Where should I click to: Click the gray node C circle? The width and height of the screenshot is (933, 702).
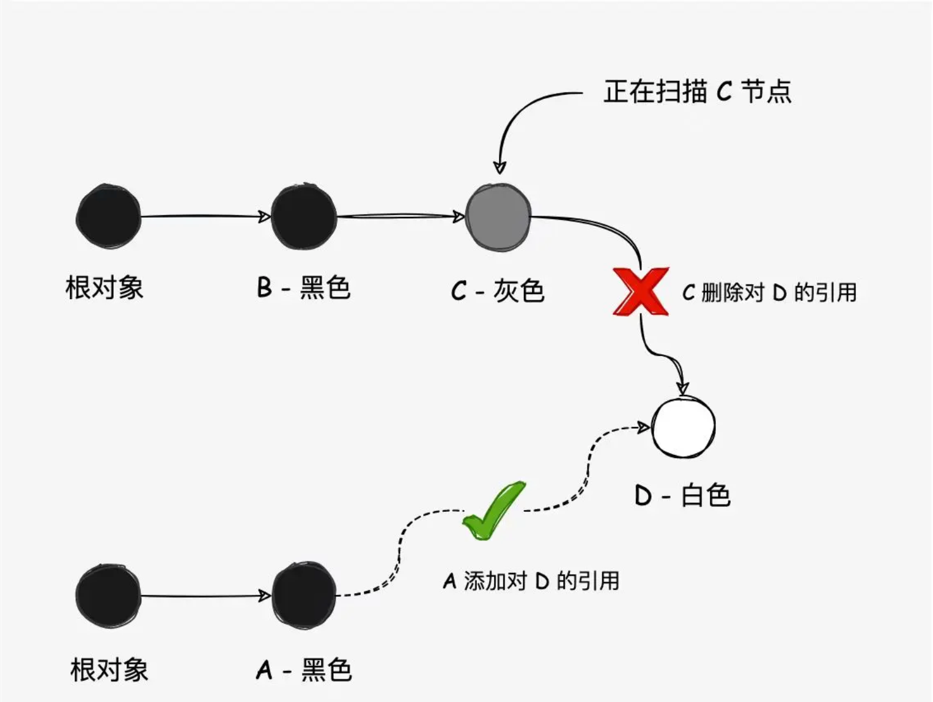[x=498, y=216]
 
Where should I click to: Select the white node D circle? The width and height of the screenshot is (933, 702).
[x=683, y=426]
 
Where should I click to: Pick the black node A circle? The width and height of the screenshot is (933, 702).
[x=303, y=596]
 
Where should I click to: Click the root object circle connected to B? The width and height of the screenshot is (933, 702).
[x=108, y=216]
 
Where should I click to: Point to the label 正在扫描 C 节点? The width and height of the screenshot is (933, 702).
[x=697, y=92]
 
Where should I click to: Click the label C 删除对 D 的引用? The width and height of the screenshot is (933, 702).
[x=769, y=293]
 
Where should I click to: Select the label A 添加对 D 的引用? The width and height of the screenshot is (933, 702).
[x=531, y=581]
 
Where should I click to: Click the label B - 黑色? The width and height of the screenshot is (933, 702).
[x=303, y=287]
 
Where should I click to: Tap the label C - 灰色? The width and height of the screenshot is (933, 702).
[x=498, y=290]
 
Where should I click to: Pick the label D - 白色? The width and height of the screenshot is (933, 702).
[x=683, y=495]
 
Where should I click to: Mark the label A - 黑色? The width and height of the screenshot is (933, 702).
[x=304, y=670]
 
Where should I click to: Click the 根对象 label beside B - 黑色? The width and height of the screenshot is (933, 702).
[x=105, y=288]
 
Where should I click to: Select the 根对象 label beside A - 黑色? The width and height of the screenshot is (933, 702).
[x=109, y=670]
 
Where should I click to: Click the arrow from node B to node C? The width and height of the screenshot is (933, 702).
[x=400, y=216]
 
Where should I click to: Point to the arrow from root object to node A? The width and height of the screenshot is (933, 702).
[x=205, y=596]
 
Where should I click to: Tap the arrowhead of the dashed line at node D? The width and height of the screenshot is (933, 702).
[x=644, y=427]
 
